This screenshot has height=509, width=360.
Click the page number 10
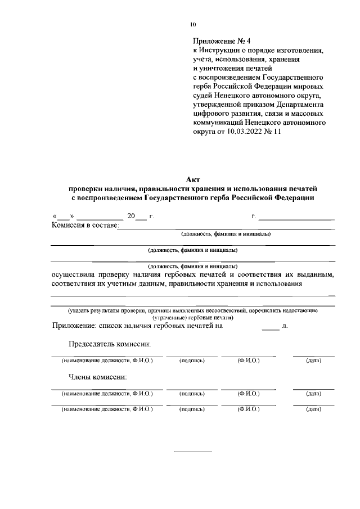pos(193,24)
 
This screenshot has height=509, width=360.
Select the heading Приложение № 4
pos(220,41)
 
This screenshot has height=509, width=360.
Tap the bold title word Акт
pos(193,179)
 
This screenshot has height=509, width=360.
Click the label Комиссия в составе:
pos(84,225)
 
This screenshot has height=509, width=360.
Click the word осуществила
pos(74,274)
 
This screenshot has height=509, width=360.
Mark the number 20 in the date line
pos(131,216)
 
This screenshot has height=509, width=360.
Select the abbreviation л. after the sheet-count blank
pos(285,325)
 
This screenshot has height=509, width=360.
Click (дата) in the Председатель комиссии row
pos(313,361)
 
